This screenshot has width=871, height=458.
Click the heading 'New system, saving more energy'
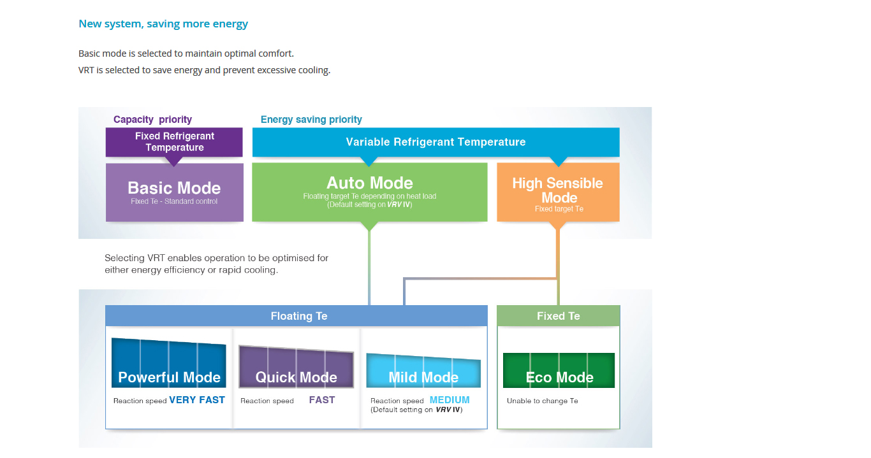point(163,24)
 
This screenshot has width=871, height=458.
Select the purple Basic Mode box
point(174,192)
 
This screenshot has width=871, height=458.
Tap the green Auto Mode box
point(369,192)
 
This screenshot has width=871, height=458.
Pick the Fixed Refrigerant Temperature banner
point(174,141)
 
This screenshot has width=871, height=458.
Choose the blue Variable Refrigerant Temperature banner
point(435,142)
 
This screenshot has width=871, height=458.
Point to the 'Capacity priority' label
point(152,119)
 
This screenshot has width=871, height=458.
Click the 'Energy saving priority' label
point(311,119)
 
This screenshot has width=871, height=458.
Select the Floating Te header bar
point(299,316)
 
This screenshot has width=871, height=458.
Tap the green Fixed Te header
point(558,316)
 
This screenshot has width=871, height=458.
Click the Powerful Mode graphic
point(169,364)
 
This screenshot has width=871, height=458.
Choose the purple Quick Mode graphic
point(296,368)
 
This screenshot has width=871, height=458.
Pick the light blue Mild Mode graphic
point(423,371)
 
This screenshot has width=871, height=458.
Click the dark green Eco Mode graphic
point(559,371)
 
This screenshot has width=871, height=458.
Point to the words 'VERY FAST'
point(197,400)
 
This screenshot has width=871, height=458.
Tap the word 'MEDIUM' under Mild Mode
point(450,400)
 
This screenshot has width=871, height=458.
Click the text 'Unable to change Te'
point(542,401)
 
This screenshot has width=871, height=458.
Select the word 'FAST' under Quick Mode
point(322,400)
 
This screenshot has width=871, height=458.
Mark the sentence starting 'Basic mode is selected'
point(186,54)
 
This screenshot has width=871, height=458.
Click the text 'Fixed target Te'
point(559,209)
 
